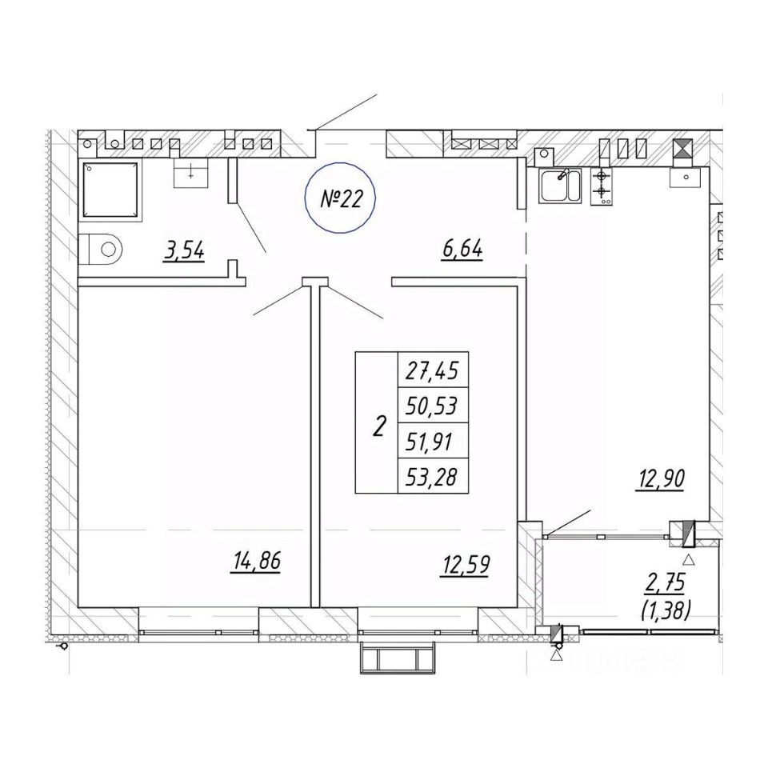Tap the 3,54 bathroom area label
click(184, 252)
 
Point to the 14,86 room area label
click(257, 562)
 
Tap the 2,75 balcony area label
click(665, 580)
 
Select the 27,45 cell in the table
click(432, 370)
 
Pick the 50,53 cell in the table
click(432, 406)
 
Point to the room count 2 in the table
click(377, 425)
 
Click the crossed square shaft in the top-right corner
click(682, 150)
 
